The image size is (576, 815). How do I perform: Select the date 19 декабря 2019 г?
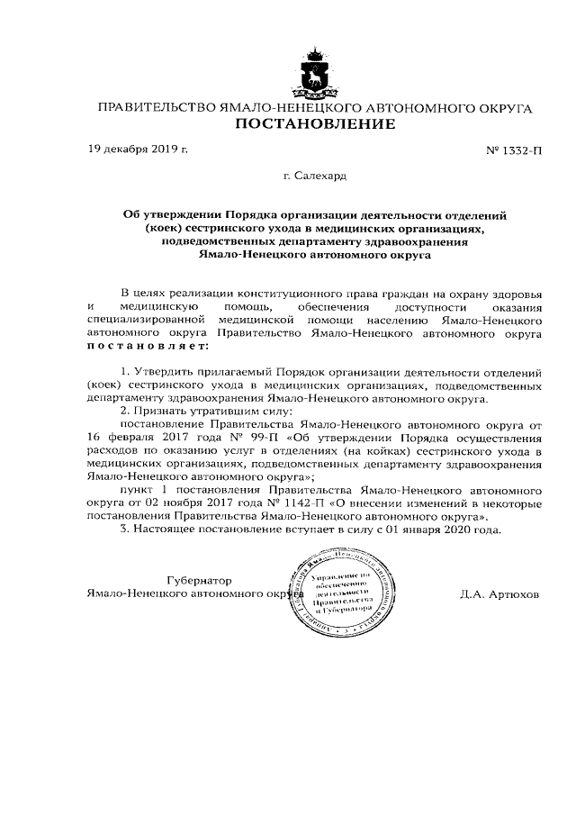tap(138, 148)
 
